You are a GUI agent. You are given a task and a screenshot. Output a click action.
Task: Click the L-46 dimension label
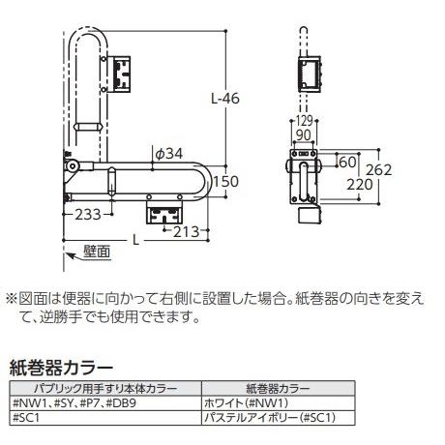click(223, 98)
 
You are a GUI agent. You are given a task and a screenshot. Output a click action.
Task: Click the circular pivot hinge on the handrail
click(71, 168)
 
